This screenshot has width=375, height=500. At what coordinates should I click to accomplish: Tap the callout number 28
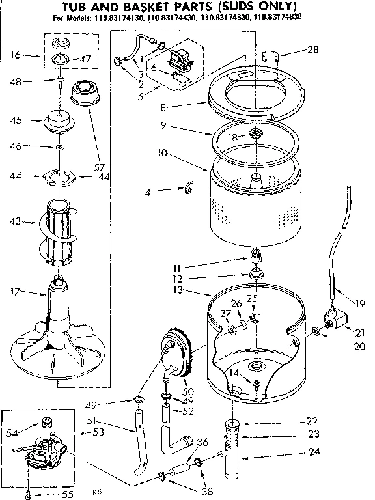[x=313, y=49]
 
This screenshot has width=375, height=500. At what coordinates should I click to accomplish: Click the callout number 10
[x=144, y=154]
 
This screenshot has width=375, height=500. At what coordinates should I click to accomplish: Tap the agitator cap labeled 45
[x=61, y=121]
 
